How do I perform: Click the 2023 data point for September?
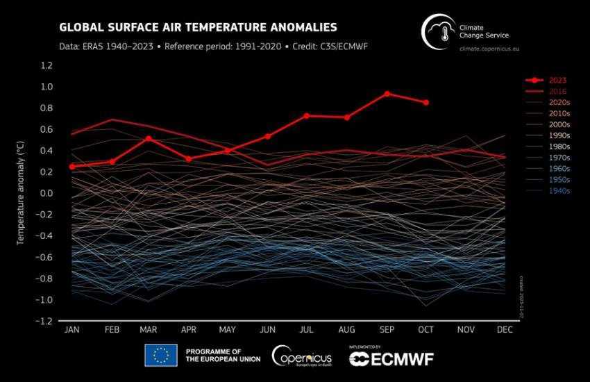[x=387, y=94]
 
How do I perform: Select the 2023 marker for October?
[x=426, y=103]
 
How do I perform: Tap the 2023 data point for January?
[x=71, y=167]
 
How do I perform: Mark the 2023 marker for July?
[x=307, y=115]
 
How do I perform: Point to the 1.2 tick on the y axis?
[x=47, y=65]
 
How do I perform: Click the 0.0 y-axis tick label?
[x=47, y=193]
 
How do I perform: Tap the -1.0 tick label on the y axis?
[x=45, y=300]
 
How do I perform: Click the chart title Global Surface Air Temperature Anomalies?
[x=199, y=28]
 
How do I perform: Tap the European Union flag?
[x=160, y=355]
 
